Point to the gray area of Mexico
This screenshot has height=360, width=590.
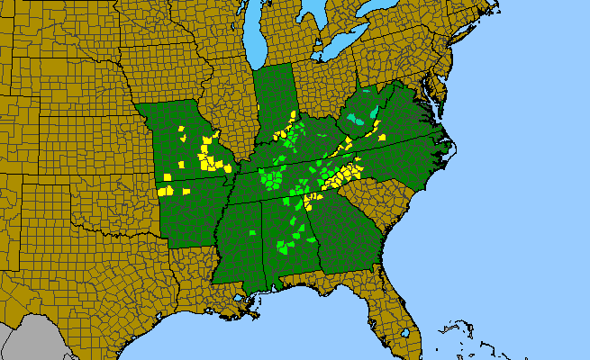(x=23, y=337)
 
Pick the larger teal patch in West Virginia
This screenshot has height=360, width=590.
(x=360, y=120)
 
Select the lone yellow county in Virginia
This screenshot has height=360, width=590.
(x=383, y=137)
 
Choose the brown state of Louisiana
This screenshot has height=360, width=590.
(x=194, y=279)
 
